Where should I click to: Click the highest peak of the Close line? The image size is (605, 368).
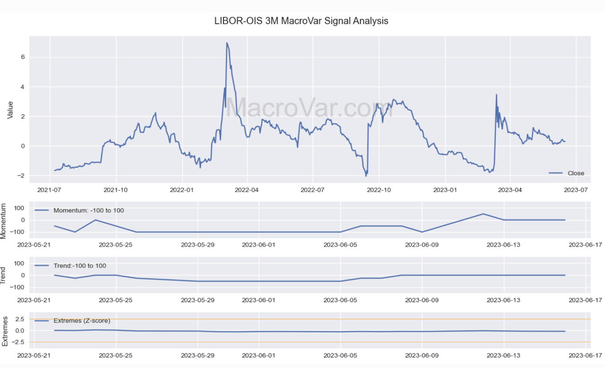pos(227,43)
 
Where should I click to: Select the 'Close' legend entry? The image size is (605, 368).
pos(575,173)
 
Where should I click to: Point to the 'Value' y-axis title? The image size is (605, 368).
pos(10,109)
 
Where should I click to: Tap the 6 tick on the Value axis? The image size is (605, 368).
pos(22,57)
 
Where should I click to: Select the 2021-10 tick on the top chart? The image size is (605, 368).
pos(116,190)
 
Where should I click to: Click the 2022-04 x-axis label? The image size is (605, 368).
pos(247,190)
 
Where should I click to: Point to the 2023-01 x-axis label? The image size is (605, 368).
pos(445,190)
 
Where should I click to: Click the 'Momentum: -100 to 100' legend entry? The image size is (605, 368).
pos(88,210)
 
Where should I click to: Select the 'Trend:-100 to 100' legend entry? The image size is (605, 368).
pos(79,265)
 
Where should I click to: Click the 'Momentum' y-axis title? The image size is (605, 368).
pos(4,221)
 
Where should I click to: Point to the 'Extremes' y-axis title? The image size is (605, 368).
pos(4,331)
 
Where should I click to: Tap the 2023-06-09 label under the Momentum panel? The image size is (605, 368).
pos(422,245)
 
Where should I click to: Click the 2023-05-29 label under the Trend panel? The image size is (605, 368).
pos(198,300)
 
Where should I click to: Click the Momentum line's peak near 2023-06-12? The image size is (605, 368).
pos(483,214)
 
